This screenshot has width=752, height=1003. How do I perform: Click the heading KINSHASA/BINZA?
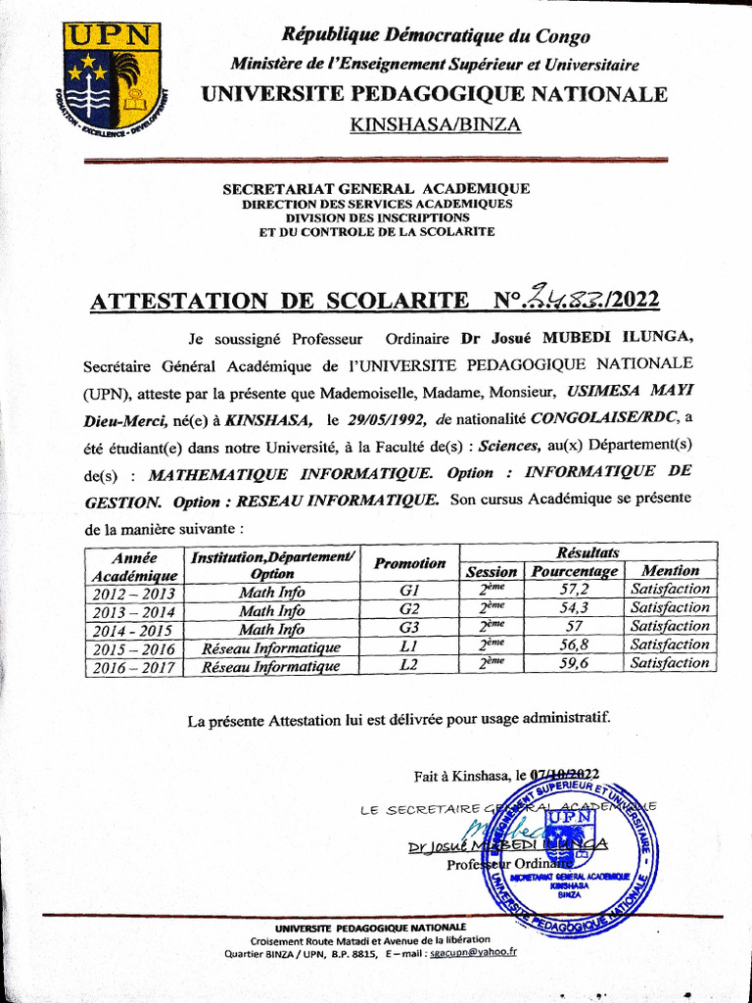tap(436, 124)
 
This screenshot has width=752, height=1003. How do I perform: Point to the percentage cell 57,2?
tap(574, 590)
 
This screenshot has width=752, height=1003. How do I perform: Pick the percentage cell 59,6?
tap(574, 664)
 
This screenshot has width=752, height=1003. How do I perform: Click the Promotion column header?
tap(409, 563)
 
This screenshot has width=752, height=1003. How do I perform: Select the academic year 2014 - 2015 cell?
tap(133, 630)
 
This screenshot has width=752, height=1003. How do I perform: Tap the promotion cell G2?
tap(409, 610)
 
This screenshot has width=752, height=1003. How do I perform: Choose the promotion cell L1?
tap(409, 647)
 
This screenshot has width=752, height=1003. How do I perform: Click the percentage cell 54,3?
tap(574, 608)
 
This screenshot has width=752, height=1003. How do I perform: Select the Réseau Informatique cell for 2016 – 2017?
tap(271, 667)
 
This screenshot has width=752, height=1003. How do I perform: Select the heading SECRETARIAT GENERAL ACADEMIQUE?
tap(376, 188)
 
